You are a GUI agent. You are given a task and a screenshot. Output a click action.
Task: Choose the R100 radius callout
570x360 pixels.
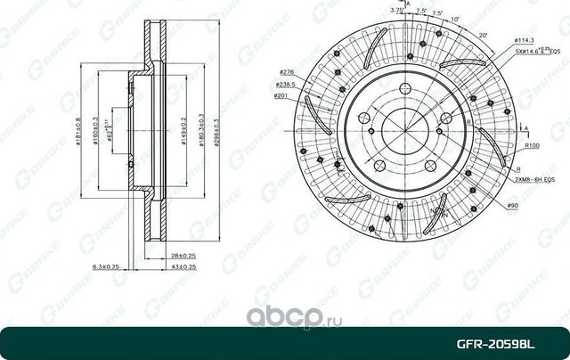tap(533, 144)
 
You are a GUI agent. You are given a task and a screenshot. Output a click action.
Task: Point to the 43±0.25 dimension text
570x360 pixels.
tap(184, 266)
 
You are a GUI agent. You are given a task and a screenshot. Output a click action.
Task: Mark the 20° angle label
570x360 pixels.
tap(482, 35)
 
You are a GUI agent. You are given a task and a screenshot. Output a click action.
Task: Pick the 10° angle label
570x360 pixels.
tap(456, 20)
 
